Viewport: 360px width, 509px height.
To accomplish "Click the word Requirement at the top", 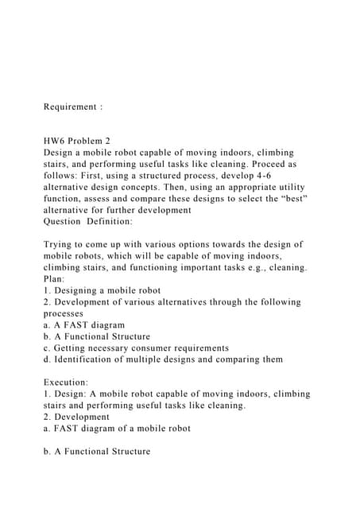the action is coord(68,106).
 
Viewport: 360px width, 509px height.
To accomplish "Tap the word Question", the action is coord(62,221).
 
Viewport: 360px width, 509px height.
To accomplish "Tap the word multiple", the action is coord(157,359).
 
